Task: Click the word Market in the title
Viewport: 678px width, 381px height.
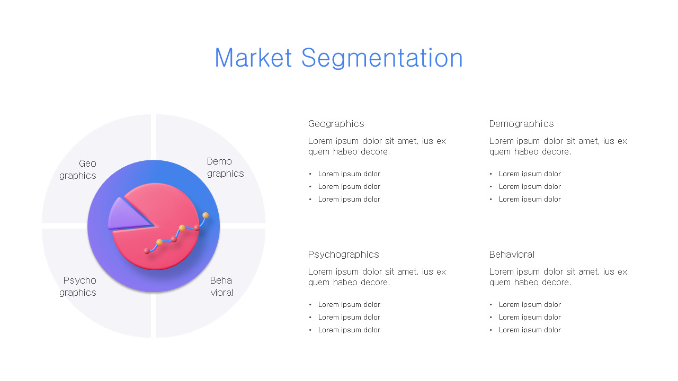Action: [x=253, y=58]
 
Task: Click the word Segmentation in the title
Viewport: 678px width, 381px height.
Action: [x=382, y=58]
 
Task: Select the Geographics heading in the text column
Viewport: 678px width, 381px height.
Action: [x=336, y=124]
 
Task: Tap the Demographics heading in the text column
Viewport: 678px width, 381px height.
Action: [x=521, y=124]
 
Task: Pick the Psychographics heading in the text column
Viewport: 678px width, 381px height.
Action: [x=343, y=255]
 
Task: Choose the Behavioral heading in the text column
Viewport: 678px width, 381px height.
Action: [x=512, y=255]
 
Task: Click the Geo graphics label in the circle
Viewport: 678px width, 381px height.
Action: [x=78, y=169]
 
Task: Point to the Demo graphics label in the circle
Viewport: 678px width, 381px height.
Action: [x=225, y=167]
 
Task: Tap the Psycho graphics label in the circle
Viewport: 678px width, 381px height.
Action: [x=78, y=286]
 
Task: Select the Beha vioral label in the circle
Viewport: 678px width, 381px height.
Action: [x=221, y=286]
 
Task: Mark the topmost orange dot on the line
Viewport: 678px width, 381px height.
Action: [x=206, y=215]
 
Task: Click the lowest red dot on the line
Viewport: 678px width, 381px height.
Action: [x=147, y=251]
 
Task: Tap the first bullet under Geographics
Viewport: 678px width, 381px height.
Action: [x=349, y=174]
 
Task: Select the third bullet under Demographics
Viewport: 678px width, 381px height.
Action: [x=530, y=199]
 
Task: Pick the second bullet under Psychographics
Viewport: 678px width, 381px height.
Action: [x=349, y=317]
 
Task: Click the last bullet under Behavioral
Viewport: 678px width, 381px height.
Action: [x=530, y=330]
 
